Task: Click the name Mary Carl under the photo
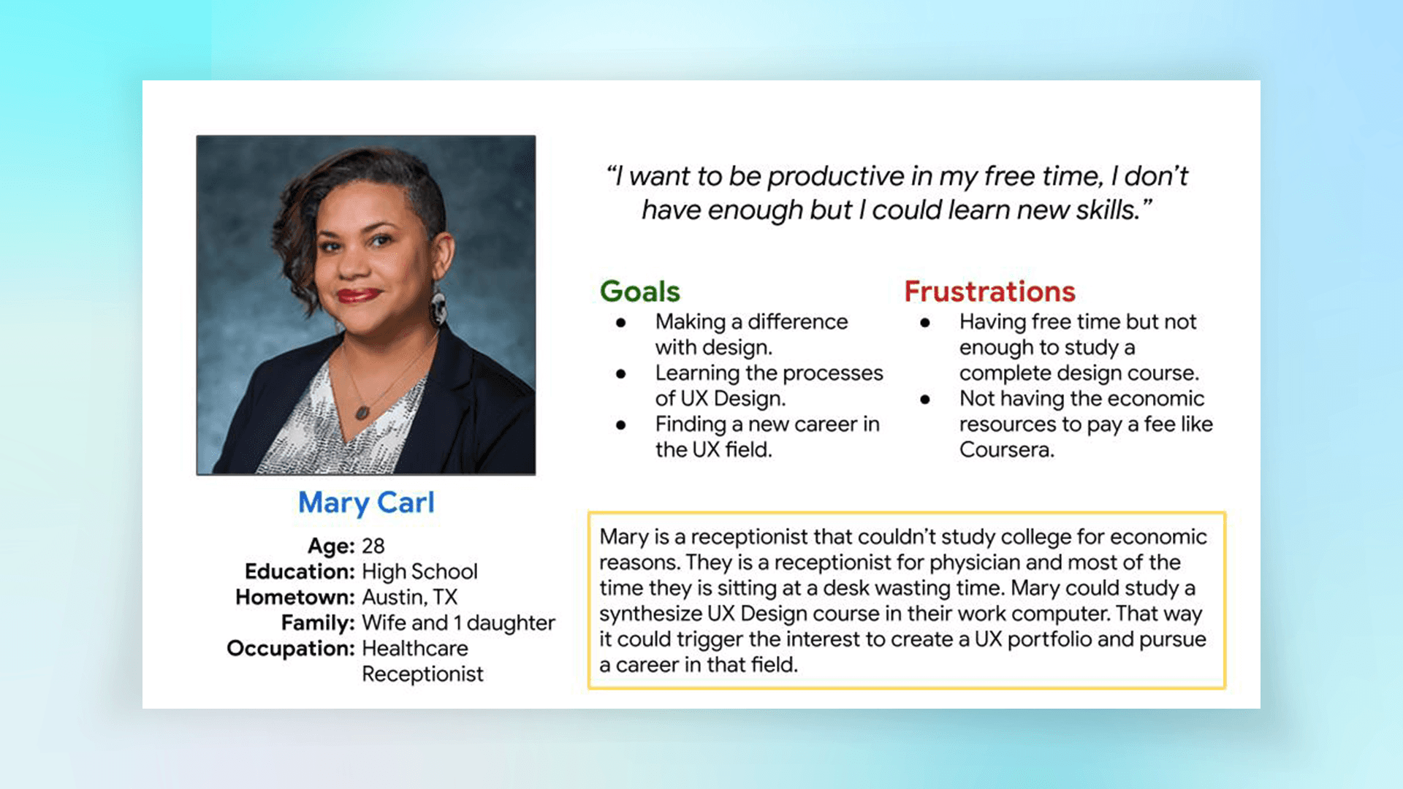tap(366, 503)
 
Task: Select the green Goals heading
tap(640, 291)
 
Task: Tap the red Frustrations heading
tap(989, 291)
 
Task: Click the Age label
tap(331, 546)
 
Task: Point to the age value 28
tap(373, 546)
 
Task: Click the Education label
tap(300, 571)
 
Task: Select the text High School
tap(419, 571)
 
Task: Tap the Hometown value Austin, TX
tap(409, 598)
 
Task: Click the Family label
tap(318, 623)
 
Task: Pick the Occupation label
tap(291, 649)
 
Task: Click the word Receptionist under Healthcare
tap(422, 674)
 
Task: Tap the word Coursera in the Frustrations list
tap(1006, 449)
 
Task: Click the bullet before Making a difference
tap(621, 322)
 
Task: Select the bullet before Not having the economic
tap(925, 399)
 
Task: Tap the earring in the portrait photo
tap(438, 308)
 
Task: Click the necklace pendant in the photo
tap(362, 412)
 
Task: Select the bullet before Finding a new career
tap(621, 424)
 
